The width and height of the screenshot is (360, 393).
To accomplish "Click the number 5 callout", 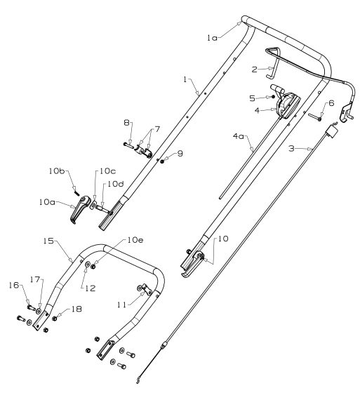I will (253, 98).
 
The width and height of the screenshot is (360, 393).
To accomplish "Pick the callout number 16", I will (13, 286).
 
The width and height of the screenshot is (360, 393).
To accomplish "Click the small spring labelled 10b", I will (73, 186).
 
